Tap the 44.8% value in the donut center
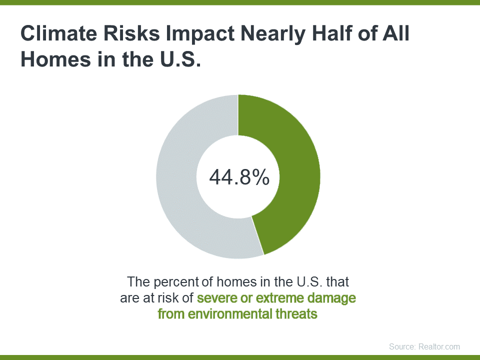pos(239,177)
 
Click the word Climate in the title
pos(59,33)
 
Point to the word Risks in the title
pos(131,33)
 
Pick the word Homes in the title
pos(55,59)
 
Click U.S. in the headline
pos(180,59)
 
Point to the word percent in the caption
pos(176,282)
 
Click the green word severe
pos(216,298)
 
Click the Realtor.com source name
pos(439,346)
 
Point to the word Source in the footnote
pos(402,346)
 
